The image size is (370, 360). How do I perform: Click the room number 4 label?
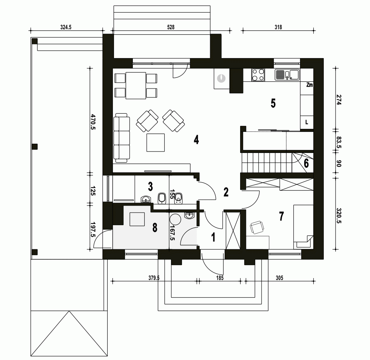[x=196, y=140]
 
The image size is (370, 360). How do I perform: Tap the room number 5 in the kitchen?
[x=273, y=103]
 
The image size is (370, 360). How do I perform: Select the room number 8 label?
[x=155, y=228]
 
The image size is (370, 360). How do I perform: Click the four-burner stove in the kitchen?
[x=258, y=75]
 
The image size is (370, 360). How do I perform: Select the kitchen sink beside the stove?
[x=288, y=75]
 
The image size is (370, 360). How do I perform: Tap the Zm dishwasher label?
[x=310, y=85]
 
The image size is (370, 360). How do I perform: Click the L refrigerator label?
[x=307, y=122]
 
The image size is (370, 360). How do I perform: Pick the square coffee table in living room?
[x=155, y=143]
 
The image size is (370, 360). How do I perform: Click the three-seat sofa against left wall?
[x=122, y=137]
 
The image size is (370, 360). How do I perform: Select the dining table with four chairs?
[x=136, y=86]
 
